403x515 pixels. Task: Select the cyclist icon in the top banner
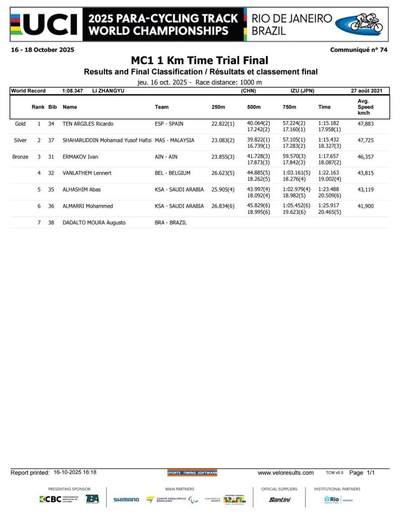pyautogui.click(x=366, y=23)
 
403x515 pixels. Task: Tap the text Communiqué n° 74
pyautogui.click(x=358, y=50)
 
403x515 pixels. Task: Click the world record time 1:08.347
pyautogui.click(x=73, y=91)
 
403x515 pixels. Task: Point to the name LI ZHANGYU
pyautogui.click(x=109, y=91)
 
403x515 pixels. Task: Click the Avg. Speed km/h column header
pyautogui.click(x=365, y=107)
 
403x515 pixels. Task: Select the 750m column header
pyautogui.click(x=290, y=107)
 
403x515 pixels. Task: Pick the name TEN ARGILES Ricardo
pyautogui.click(x=88, y=124)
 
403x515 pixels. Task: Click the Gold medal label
pyautogui.click(x=21, y=124)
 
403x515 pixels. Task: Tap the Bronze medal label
pyautogui.click(x=21, y=157)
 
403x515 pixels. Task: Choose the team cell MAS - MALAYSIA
pyautogui.click(x=174, y=140)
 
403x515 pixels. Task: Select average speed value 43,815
pyautogui.click(x=365, y=173)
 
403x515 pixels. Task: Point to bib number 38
pyautogui.click(x=51, y=222)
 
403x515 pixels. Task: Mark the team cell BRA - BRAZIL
pyautogui.click(x=171, y=222)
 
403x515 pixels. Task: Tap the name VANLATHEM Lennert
pyautogui.click(x=87, y=173)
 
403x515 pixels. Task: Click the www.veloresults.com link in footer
pyautogui.click(x=285, y=473)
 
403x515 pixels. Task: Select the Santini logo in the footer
pyautogui.click(x=279, y=499)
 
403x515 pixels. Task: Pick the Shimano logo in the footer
pyautogui.click(x=126, y=499)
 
